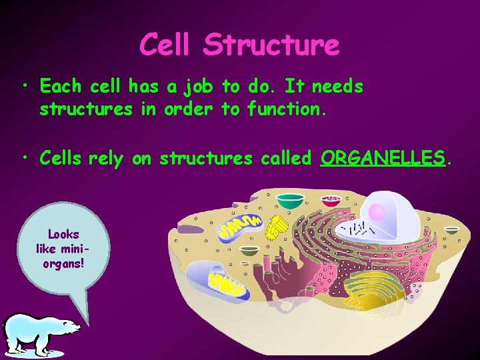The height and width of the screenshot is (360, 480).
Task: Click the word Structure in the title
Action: tap(271, 45)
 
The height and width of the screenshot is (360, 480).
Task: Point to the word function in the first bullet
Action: tap(285, 109)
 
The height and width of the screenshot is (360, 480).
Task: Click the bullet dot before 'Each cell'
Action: tap(25, 87)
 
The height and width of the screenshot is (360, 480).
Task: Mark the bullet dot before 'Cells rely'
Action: tap(25, 157)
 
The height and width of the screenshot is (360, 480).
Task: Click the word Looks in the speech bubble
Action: tap(63, 234)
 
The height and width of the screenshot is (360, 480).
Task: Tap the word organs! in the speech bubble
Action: tap(63, 261)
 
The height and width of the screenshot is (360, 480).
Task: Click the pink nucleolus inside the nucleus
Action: tap(377, 213)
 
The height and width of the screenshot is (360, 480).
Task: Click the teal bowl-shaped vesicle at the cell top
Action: tap(289, 199)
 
